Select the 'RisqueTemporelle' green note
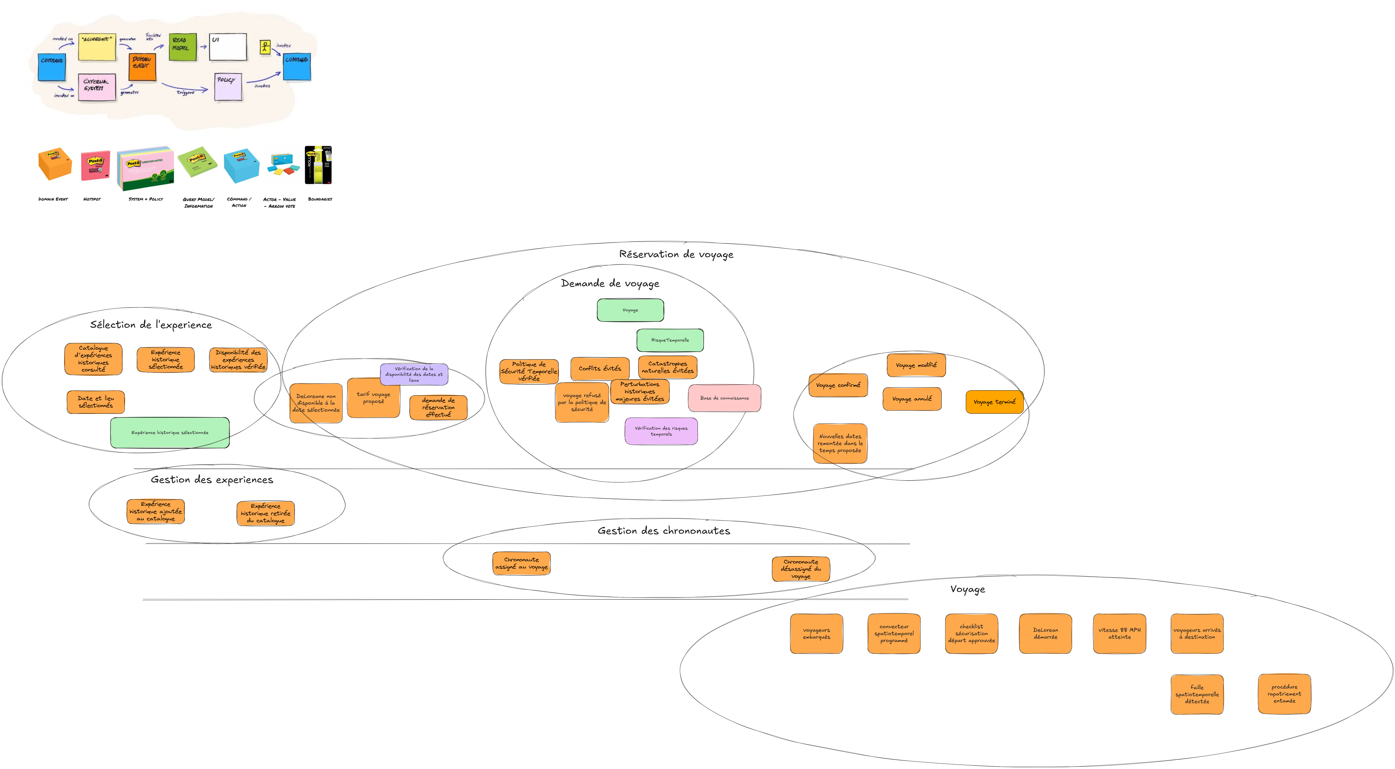(x=670, y=340)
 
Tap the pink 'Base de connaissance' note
(x=724, y=398)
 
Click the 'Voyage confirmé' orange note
(x=838, y=385)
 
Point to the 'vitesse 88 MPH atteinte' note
(x=1119, y=634)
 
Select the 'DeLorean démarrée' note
(x=1045, y=634)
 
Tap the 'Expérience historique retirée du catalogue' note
(x=265, y=513)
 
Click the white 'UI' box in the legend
(x=228, y=47)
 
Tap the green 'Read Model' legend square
(x=182, y=47)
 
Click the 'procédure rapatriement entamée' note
(x=1284, y=694)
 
